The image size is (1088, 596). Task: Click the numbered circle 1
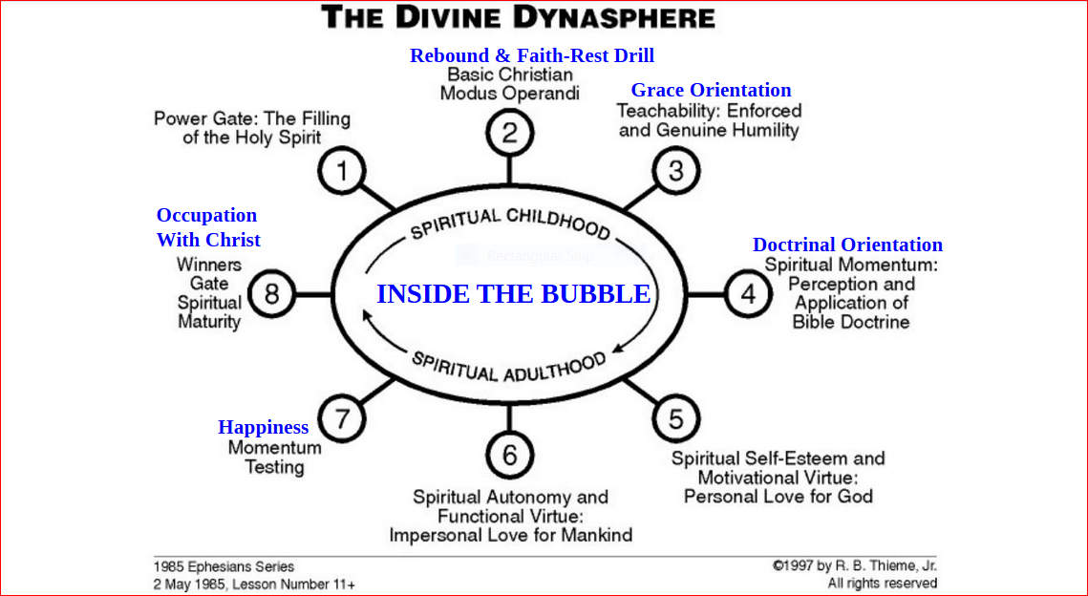point(342,172)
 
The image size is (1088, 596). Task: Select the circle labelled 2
point(509,132)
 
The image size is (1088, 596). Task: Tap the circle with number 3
point(676,171)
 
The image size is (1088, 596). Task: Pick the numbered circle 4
point(748,294)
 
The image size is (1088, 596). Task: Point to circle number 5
point(675,418)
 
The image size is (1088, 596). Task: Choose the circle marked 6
point(509,456)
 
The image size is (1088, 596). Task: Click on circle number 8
point(271,294)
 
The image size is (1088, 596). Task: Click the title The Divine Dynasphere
point(518,17)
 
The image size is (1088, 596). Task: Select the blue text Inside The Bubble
point(514,294)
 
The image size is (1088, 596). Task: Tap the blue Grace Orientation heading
point(711,90)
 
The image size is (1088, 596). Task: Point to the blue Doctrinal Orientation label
point(847,245)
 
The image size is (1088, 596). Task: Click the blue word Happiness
point(263,427)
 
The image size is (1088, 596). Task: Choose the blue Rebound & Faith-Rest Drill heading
point(532,55)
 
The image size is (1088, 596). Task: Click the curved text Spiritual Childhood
point(509,223)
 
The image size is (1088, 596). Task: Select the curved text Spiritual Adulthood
point(509,366)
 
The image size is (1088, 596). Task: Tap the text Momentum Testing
point(274,458)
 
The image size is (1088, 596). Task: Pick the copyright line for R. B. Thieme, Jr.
point(854,566)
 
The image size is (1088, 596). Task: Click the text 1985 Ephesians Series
point(224,566)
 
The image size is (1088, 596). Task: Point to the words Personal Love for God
point(778,497)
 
